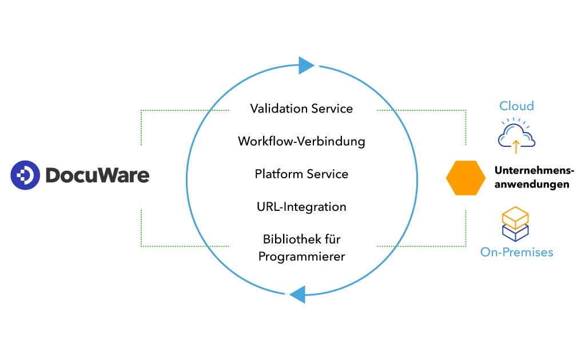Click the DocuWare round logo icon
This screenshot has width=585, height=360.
pos(25,175)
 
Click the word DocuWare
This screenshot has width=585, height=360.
pos(97,175)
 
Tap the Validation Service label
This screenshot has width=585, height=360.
pos(301,109)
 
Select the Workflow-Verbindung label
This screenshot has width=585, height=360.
pos(301,141)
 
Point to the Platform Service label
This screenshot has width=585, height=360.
pos(301,174)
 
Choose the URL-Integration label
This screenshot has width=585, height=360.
pos(301,206)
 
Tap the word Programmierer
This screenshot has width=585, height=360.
pos(301,257)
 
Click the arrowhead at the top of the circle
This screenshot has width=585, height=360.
pos(306,65)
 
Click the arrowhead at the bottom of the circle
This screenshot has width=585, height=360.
pos(297,295)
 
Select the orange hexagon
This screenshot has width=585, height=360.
pos(465,178)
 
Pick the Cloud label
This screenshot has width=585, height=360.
pos(516,106)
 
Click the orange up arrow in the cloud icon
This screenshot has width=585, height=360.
pos(516,146)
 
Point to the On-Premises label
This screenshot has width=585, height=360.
pos(516,252)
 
